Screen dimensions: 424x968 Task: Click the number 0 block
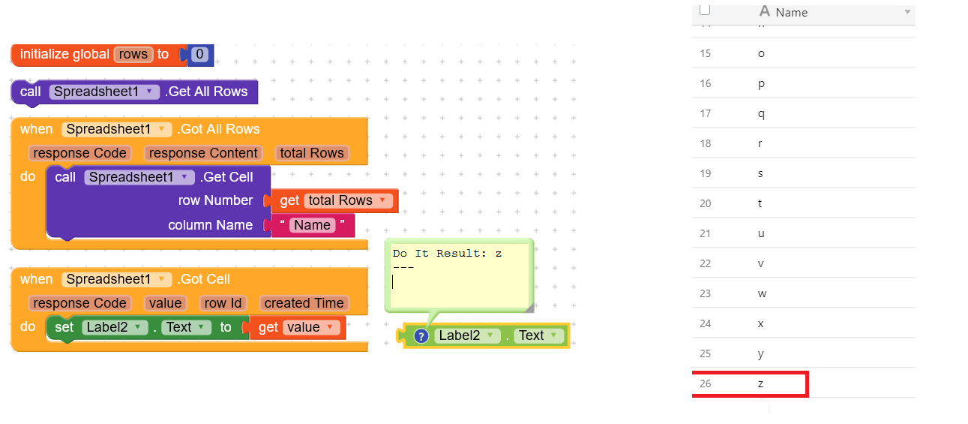(199, 54)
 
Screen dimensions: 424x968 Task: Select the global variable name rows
(133, 54)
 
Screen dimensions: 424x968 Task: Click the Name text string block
(312, 225)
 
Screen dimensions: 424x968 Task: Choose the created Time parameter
(304, 303)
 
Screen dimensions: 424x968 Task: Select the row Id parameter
(223, 303)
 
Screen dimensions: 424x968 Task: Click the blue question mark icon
(421, 336)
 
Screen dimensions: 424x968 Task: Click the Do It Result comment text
(447, 254)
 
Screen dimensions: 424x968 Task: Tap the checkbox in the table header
(704, 11)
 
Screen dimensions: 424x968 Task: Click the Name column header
(791, 13)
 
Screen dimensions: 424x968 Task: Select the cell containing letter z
(761, 383)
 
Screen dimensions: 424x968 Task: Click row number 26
(705, 383)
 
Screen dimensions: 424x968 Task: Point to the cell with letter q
(762, 113)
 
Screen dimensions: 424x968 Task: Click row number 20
(705, 203)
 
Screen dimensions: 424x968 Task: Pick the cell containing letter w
(762, 293)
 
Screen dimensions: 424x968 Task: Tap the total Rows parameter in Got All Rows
(312, 153)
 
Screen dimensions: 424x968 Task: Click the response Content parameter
(203, 153)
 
